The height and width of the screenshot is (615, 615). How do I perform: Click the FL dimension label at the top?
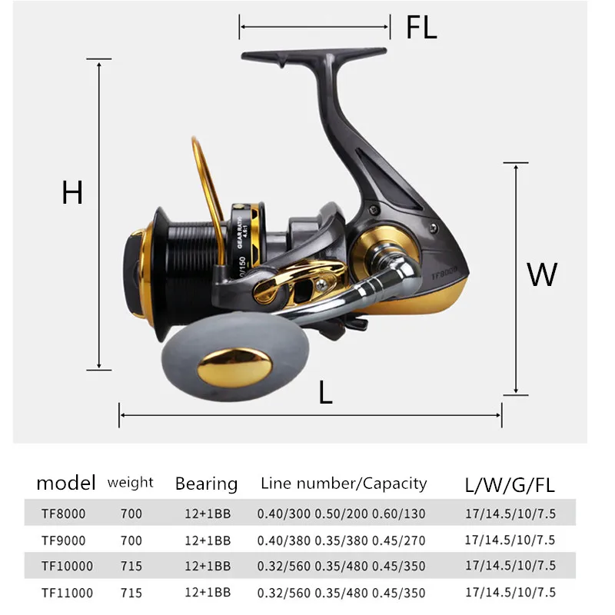pyautogui.click(x=421, y=27)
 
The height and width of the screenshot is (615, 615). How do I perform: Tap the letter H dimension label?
pyautogui.click(x=72, y=192)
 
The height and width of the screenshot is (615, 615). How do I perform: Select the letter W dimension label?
pyautogui.click(x=542, y=274)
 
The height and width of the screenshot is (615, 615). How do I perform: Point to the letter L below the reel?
pyautogui.click(x=325, y=392)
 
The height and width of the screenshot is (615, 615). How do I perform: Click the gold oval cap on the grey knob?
pyautogui.click(x=234, y=367)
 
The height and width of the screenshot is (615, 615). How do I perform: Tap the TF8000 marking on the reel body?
pyautogui.click(x=444, y=274)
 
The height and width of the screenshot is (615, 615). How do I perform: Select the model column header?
pyautogui.click(x=66, y=483)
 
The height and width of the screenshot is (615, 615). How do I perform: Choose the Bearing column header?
pyautogui.click(x=206, y=484)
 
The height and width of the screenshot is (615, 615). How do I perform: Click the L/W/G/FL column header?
pyautogui.click(x=510, y=485)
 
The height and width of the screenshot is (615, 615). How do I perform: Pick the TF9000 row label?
pyautogui.click(x=64, y=540)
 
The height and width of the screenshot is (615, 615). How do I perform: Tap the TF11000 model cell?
pyautogui.click(x=67, y=593)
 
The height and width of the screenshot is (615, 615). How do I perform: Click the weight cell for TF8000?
pyautogui.click(x=131, y=514)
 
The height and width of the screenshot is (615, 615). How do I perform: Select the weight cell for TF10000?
pyautogui.click(x=131, y=566)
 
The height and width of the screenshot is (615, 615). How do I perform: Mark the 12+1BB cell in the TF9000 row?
pyautogui.click(x=208, y=540)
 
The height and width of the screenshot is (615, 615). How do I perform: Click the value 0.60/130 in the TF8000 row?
pyautogui.click(x=398, y=514)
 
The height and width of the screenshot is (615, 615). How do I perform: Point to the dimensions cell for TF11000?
pyautogui.click(x=510, y=592)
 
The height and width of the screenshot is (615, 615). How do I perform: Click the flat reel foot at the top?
pyautogui.click(x=314, y=55)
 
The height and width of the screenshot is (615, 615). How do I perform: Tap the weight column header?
pyautogui.click(x=130, y=483)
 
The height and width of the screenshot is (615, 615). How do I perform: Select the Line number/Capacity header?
pyautogui.click(x=344, y=484)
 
